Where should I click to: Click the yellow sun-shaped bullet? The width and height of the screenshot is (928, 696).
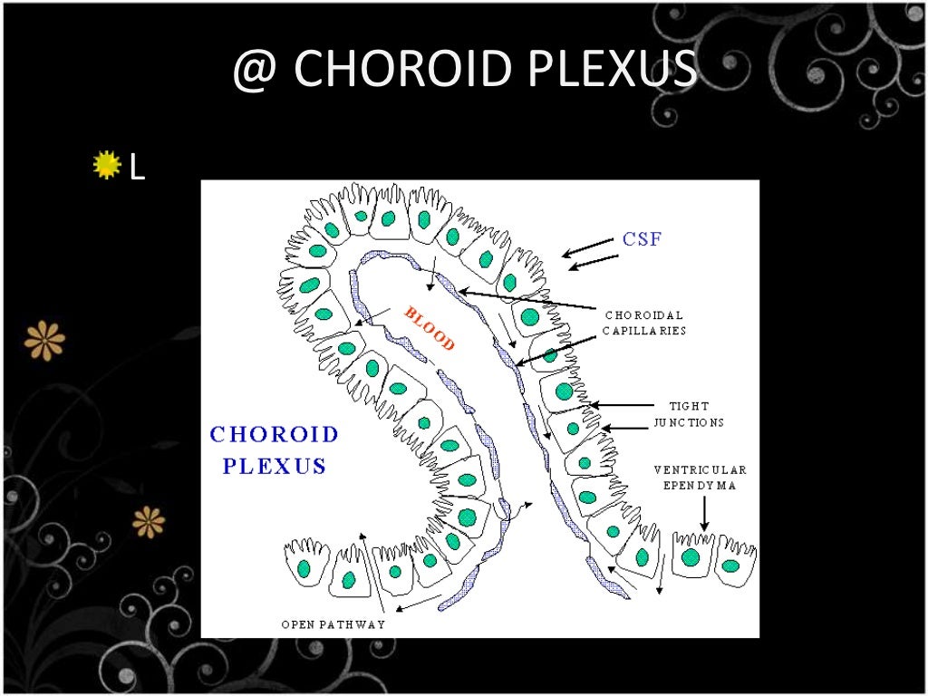[x=107, y=166]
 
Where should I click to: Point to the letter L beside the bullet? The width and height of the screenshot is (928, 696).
[x=137, y=167]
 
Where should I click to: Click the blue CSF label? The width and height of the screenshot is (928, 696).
[x=642, y=240]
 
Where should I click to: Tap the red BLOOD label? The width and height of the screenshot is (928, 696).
[x=429, y=329]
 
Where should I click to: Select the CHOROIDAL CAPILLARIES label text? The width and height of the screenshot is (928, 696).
[x=644, y=323]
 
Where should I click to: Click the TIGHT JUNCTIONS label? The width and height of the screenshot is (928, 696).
[x=689, y=414]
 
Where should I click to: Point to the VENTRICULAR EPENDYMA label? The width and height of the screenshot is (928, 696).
[x=701, y=477]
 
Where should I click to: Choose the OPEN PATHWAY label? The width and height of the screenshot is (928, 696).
[x=333, y=624]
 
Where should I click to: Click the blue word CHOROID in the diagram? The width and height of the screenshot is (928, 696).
[x=274, y=434]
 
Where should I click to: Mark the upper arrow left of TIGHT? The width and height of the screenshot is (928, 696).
[x=622, y=404]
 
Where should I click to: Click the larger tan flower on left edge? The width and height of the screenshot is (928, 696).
[x=44, y=340]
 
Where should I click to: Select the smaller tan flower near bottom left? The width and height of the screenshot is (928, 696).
[x=149, y=521]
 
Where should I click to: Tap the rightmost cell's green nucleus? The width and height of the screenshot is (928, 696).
[x=730, y=565]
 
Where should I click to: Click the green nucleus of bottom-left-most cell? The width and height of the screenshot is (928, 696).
[x=304, y=568]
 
